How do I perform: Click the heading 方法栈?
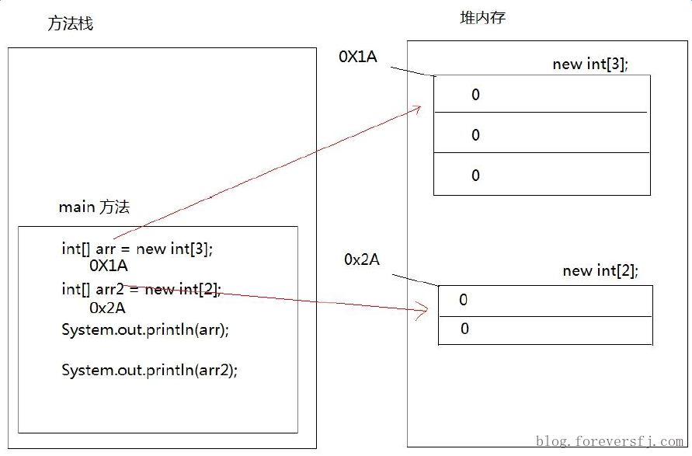pyautogui.click(x=70, y=24)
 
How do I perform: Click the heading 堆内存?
pyautogui.click(x=482, y=17)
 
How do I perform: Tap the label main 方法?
pyautogui.click(x=94, y=207)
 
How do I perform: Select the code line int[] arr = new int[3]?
pyautogui.click(x=137, y=249)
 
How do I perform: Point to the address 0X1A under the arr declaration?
pyautogui.click(x=109, y=266)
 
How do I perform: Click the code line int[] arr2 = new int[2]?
pyautogui.click(x=141, y=290)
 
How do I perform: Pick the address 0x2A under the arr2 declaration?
pyautogui.click(x=108, y=308)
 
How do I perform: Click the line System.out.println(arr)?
pyautogui.click(x=145, y=329)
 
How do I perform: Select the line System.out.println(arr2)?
pyautogui.click(x=149, y=371)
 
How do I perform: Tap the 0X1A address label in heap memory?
pyautogui.click(x=357, y=57)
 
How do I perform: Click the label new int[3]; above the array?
pyautogui.click(x=590, y=64)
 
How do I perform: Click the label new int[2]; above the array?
pyautogui.click(x=600, y=271)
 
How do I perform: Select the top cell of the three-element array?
pyautogui.click(x=541, y=94)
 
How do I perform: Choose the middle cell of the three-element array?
pyautogui.click(x=541, y=134)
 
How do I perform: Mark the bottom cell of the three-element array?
pyautogui.click(x=541, y=175)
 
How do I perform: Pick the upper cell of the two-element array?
pyautogui.click(x=545, y=301)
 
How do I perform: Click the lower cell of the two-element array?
pyautogui.click(x=545, y=330)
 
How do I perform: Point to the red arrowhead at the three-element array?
pyautogui.click(x=418, y=109)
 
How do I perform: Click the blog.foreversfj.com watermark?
pyautogui.click(x=610, y=442)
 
